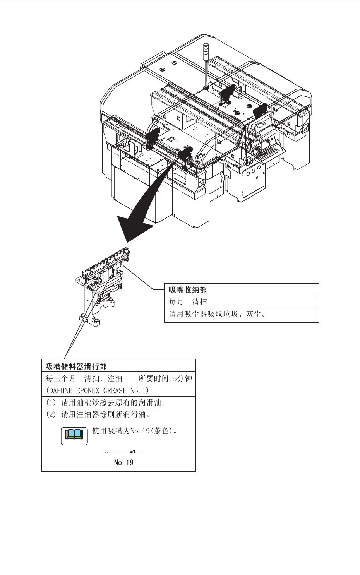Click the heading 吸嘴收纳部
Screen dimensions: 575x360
(x=188, y=290)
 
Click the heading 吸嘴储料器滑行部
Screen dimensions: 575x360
(x=76, y=366)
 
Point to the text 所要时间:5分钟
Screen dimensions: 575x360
(x=165, y=378)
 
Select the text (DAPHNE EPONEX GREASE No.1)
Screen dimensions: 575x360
(x=97, y=390)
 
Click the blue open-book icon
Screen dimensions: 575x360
(x=74, y=435)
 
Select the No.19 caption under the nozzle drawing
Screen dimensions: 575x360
(x=124, y=462)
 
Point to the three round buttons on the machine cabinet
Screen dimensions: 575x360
(x=253, y=170)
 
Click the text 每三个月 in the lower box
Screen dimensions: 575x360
(x=61, y=378)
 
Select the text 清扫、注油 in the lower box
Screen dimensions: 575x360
(x=103, y=378)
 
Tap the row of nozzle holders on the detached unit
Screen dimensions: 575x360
(x=106, y=261)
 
